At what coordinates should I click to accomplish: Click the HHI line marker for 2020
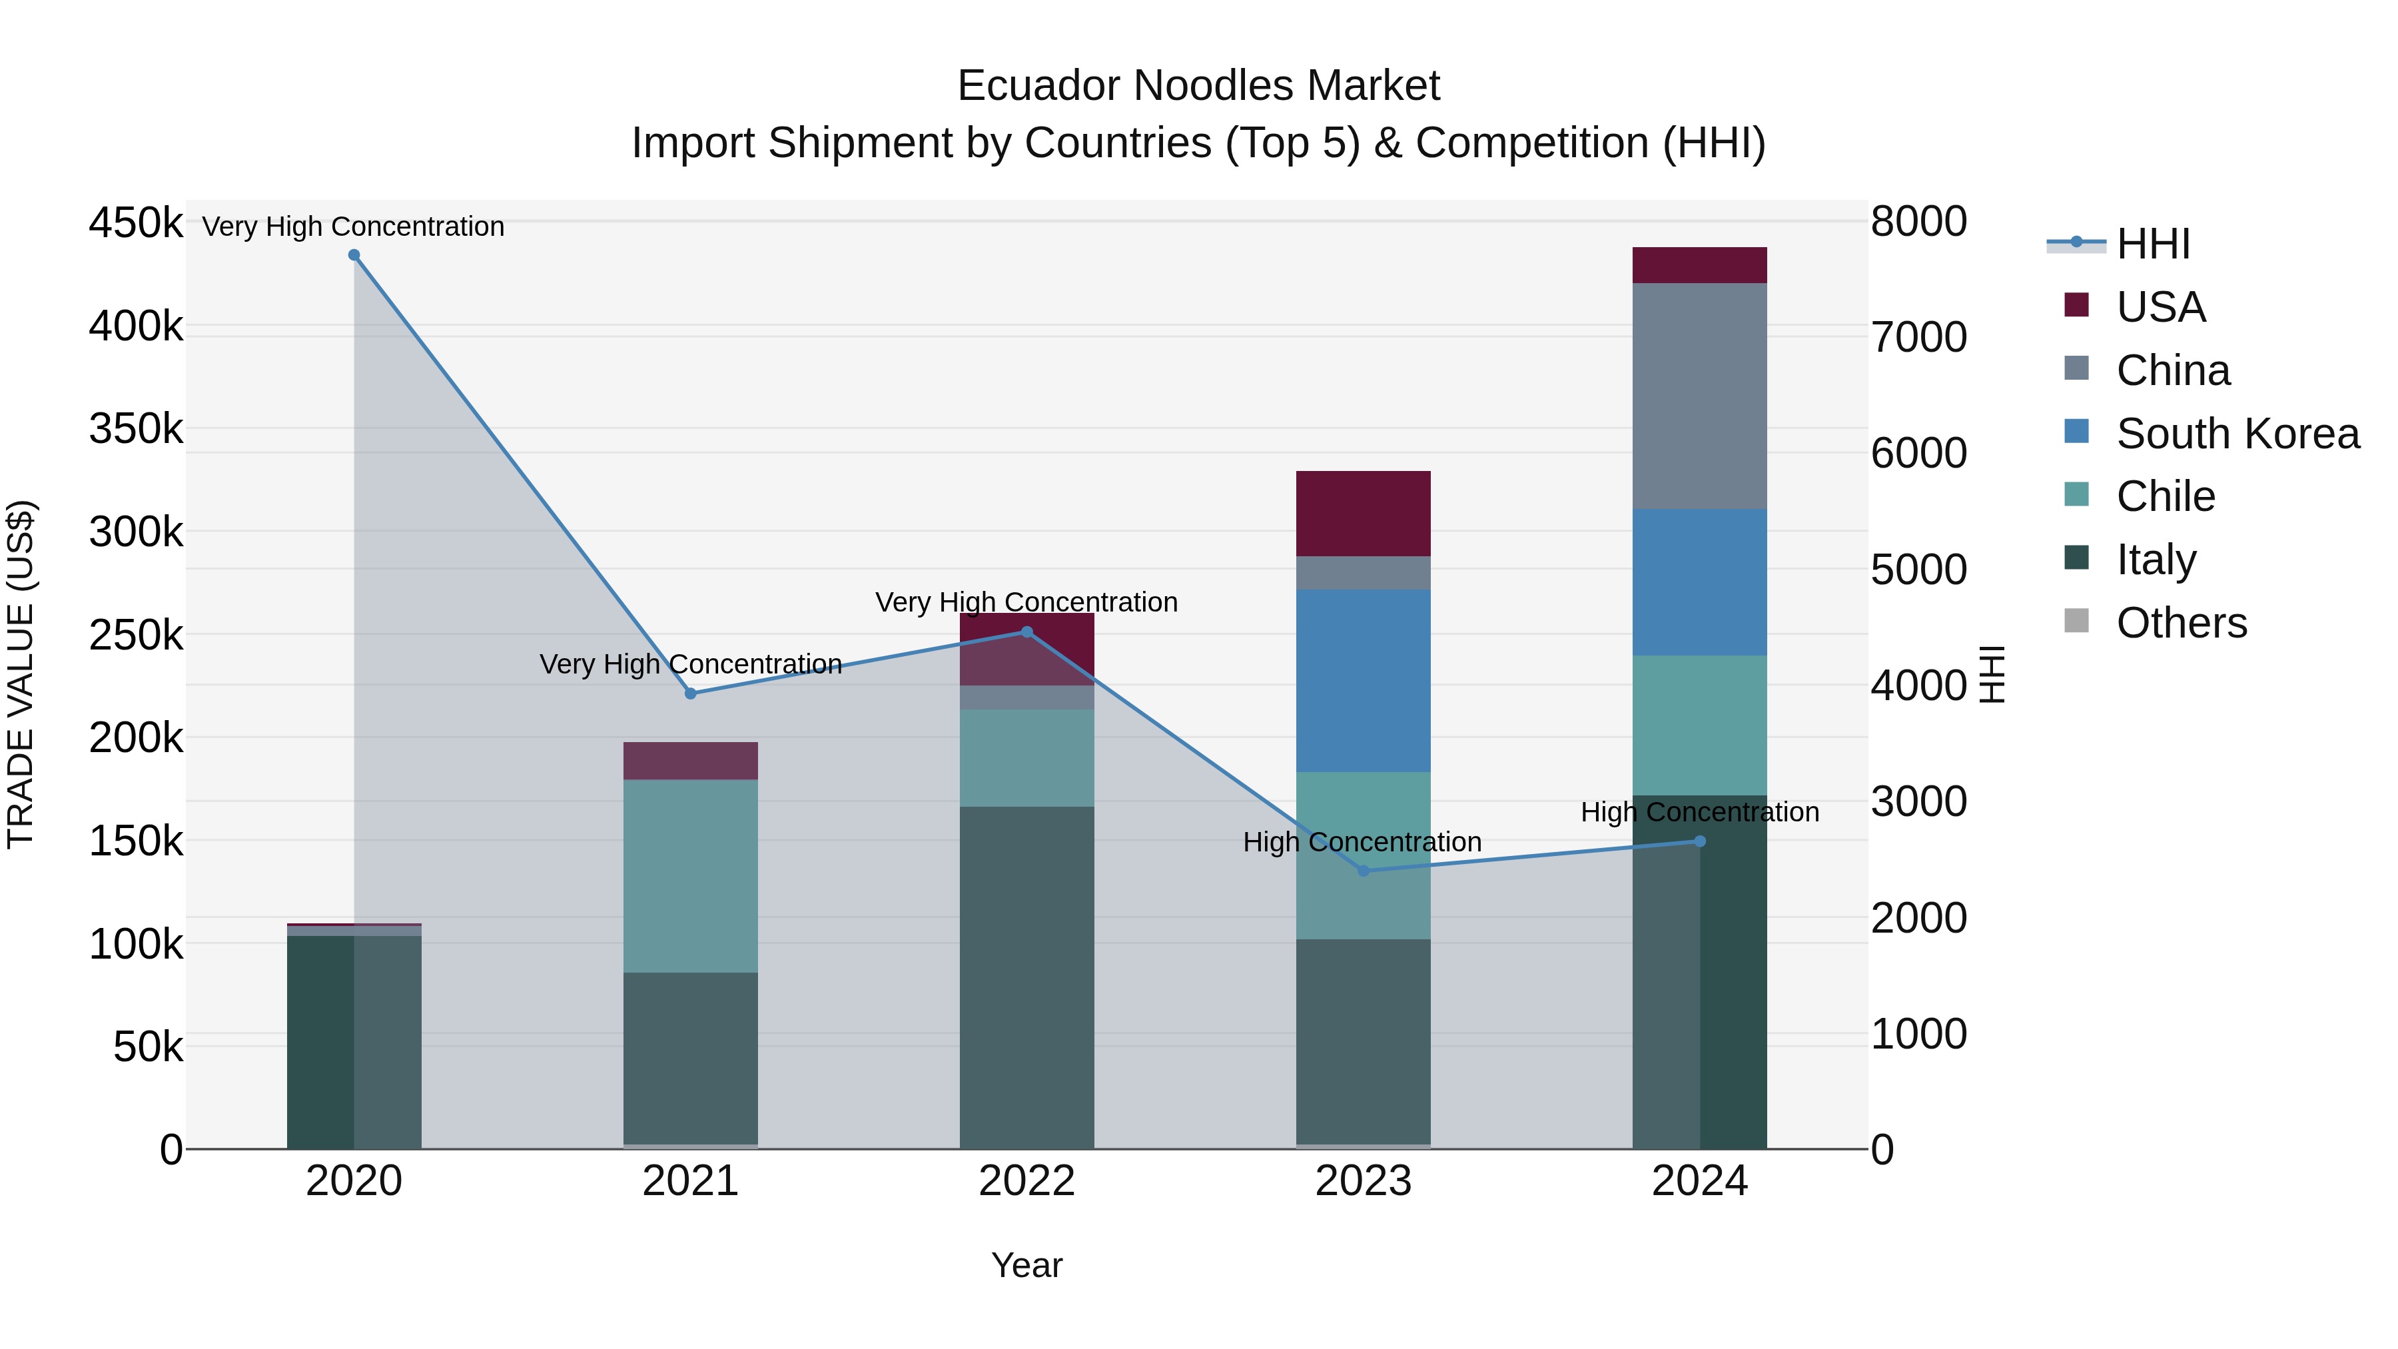354,255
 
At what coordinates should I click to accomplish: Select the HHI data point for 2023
1363,871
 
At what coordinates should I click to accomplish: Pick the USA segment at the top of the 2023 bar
1363,513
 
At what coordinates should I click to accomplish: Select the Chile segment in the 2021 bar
690,876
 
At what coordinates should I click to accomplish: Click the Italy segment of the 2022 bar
1026,977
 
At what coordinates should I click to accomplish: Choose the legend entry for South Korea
2237,434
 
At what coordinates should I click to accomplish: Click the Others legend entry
2181,623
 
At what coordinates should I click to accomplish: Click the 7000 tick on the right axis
1918,337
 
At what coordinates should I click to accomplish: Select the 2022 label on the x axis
1026,1181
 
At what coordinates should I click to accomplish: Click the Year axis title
1026,1265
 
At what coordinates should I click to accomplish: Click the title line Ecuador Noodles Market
1198,86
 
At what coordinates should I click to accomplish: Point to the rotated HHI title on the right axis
1991,674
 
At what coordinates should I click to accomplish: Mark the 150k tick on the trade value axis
136,841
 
